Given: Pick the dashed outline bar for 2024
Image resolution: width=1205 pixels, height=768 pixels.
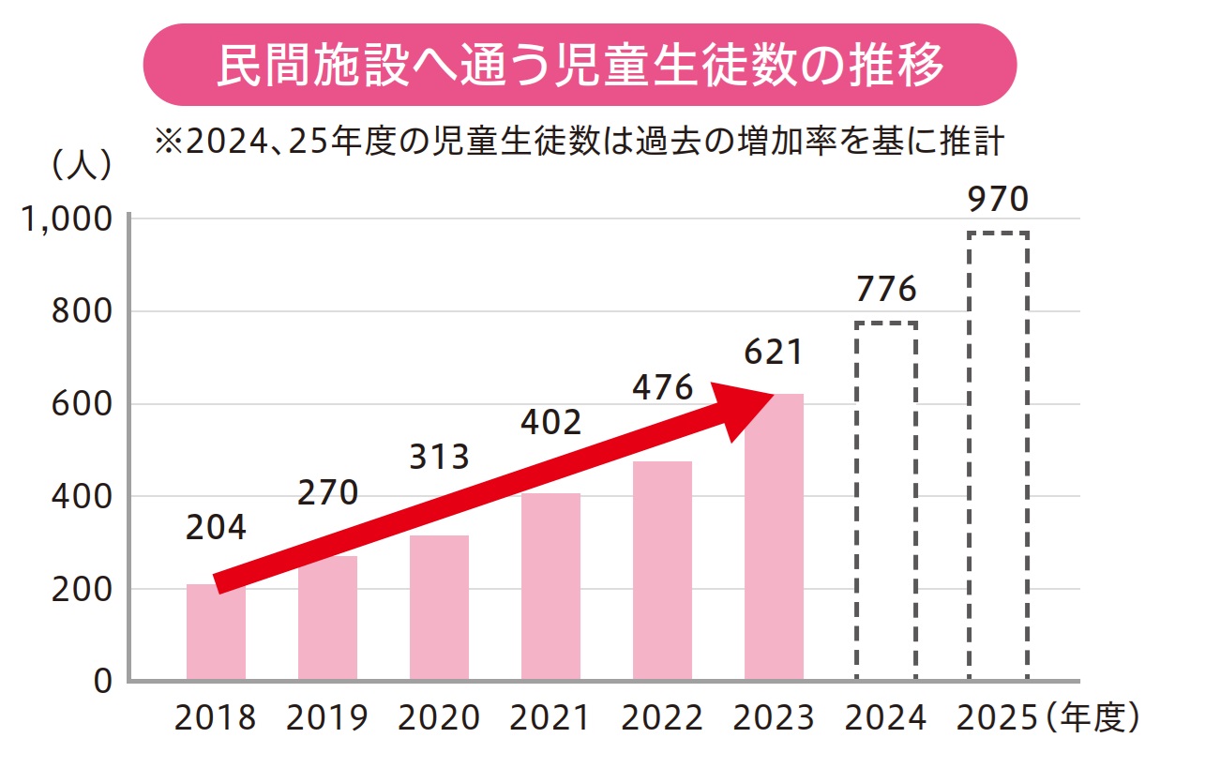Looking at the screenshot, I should click(x=885, y=501).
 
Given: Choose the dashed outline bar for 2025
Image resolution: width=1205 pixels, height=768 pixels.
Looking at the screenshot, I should click(x=998, y=456).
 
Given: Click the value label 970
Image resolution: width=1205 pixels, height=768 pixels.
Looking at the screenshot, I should click(x=998, y=200).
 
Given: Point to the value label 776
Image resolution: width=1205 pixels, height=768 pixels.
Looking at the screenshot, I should click(x=885, y=290).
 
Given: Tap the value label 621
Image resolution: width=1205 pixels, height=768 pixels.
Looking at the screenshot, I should click(x=774, y=353).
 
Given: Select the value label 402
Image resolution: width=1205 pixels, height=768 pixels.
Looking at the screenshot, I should click(x=550, y=422).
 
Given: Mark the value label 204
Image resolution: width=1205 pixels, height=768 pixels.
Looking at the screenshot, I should click(x=216, y=528).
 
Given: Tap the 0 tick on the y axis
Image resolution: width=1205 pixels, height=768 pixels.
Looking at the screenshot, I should click(x=101, y=681).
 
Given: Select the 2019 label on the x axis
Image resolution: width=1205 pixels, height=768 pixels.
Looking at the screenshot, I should click(x=327, y=718).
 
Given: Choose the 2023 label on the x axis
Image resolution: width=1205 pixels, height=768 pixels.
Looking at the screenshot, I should click(x=774, y=718).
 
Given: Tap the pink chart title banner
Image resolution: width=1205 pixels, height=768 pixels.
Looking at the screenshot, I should click(x=580, y=65).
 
